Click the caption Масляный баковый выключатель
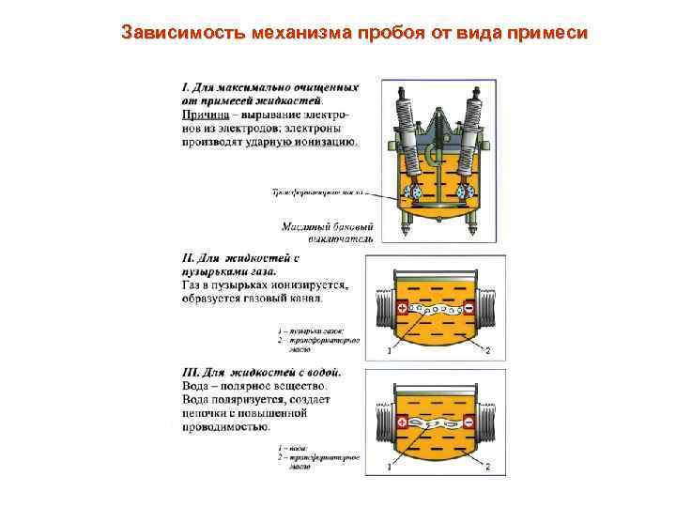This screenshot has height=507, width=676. [x=328, y=232]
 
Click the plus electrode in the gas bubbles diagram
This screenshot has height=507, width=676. [x=402, y=308]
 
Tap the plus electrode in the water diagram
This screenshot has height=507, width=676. [x=402, y=423]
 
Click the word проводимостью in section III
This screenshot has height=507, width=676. [x=223, y=425]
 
